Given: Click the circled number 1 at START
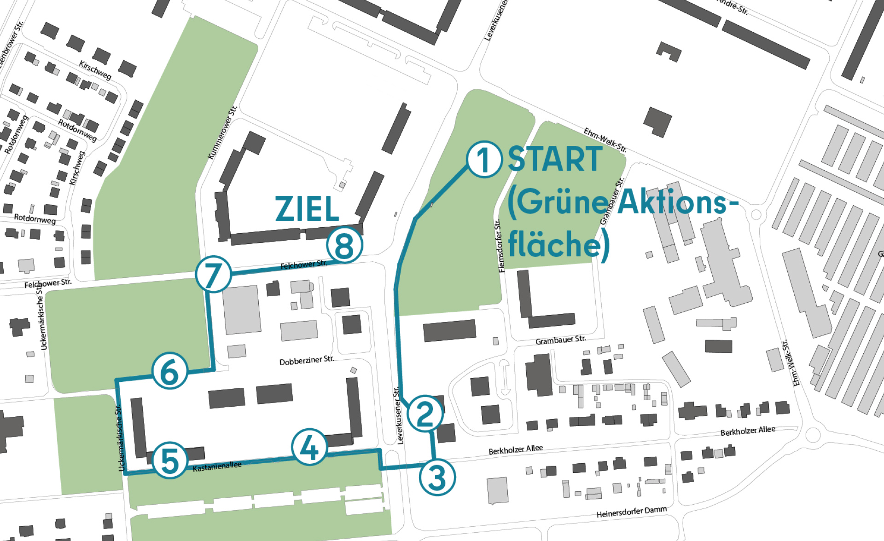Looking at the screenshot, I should coord(484,159).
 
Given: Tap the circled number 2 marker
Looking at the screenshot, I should coord(425,413).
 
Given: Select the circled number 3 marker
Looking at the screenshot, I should coord(437,477).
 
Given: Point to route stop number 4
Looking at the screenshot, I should coord(309,447).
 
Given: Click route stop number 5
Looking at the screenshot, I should coord(170,460).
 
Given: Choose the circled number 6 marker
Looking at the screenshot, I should coord(170,371).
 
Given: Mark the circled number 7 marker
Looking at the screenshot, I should coord(213,274).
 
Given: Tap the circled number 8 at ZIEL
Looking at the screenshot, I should coord(345,245).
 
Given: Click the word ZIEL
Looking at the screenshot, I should coord(307,209).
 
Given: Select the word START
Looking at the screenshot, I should coord(555,159).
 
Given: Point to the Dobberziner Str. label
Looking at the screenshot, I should coord(307,360).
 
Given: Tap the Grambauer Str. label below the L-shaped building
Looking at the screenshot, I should coord(560,340).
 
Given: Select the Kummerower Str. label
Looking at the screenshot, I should coord(222,132).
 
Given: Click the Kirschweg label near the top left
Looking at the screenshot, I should coord(95,70).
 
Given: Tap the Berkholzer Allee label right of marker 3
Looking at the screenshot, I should coord(516,449).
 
